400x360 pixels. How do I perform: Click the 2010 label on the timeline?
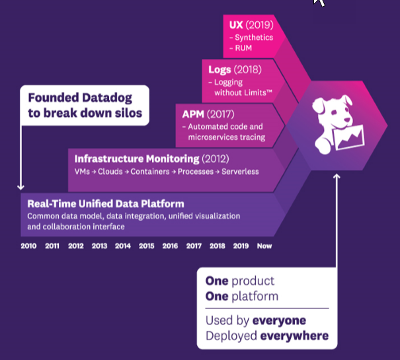(x=28, y=246)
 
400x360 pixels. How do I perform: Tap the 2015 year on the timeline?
(x=146, y=246)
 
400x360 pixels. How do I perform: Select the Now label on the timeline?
(x=264, y=246)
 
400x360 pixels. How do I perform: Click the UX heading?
(x=236, y=24)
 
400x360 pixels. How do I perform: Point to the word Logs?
(x=219, y=69)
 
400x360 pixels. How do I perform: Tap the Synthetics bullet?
(x=254, y=38)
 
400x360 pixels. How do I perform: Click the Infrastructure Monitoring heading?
(x=137, y=159)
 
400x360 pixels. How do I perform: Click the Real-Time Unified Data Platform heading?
(x=106, y=203)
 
